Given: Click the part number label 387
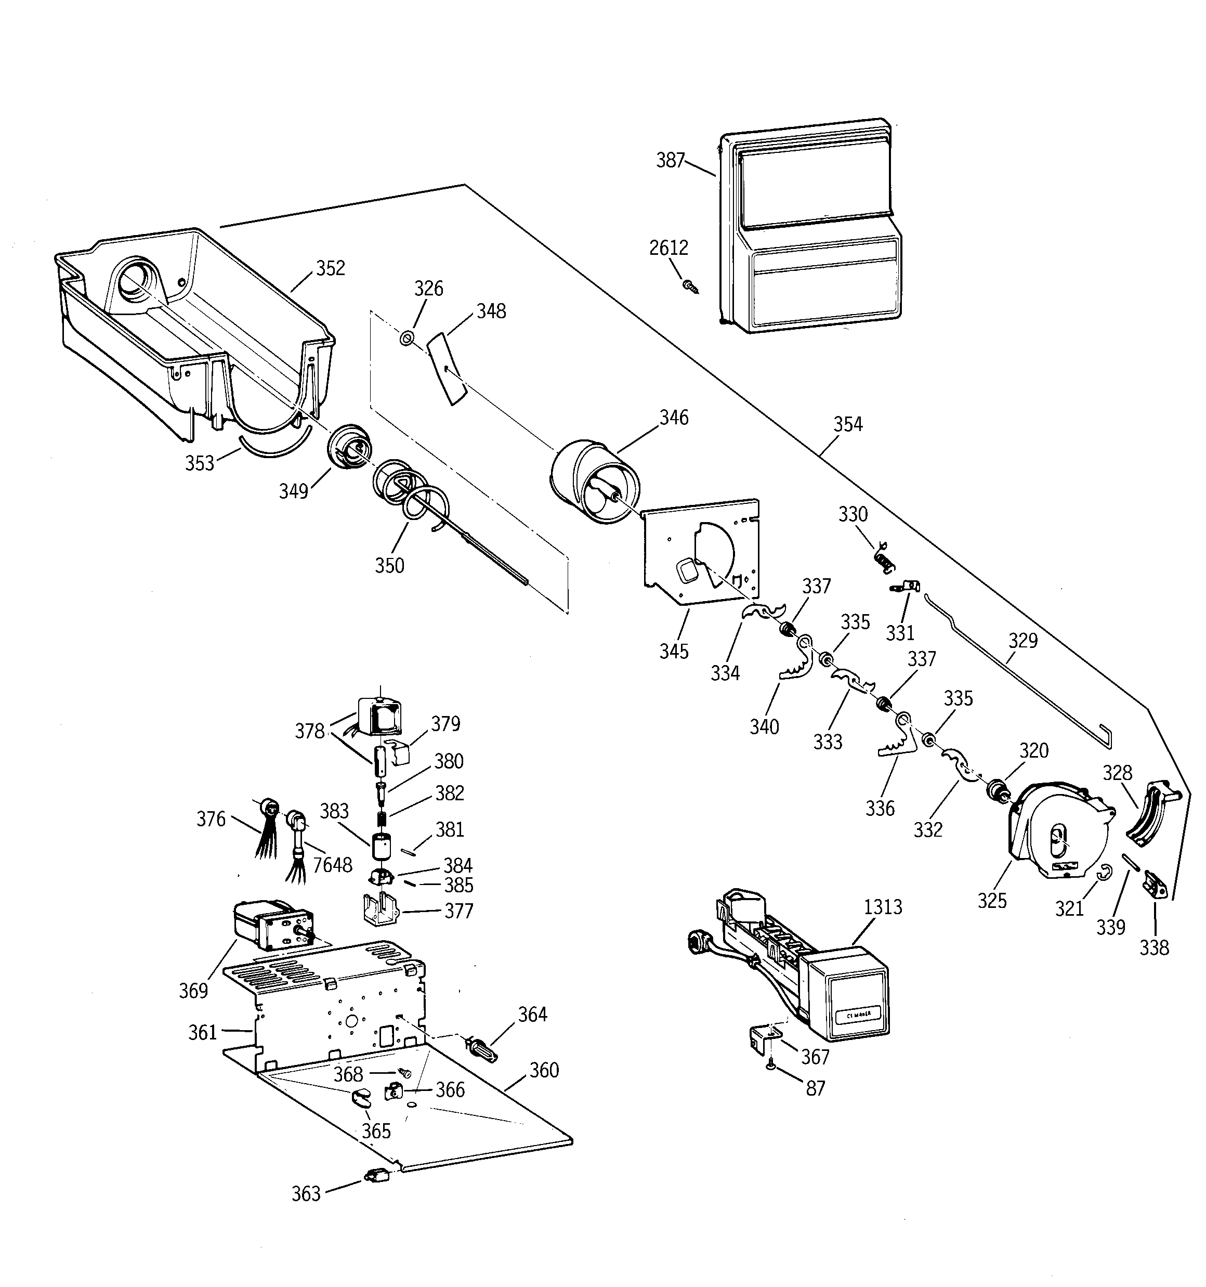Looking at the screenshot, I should (670, 161).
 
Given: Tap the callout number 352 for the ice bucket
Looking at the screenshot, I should (330, 268).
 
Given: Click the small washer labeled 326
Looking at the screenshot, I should (407, 338).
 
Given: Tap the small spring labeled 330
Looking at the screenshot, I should (884, 558).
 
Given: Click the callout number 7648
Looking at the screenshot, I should (332, 865).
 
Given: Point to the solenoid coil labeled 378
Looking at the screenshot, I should (379, 717).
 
